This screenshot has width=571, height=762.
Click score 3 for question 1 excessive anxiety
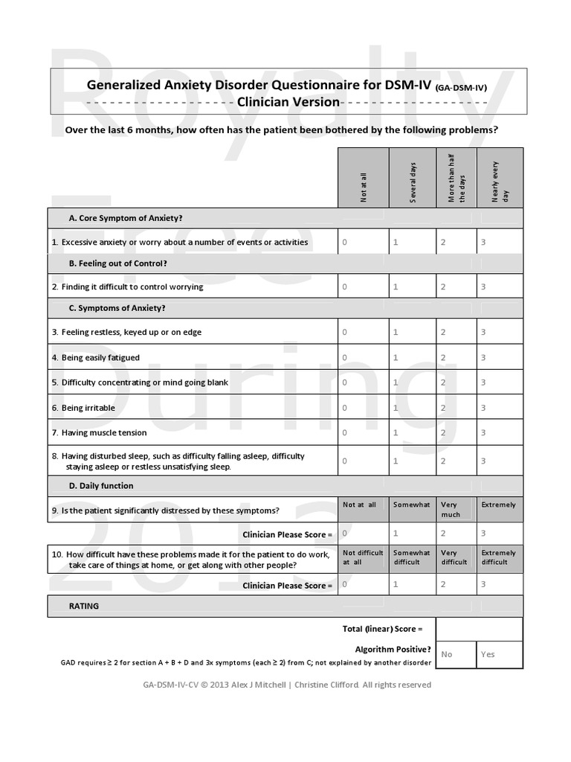click(x=483, y=242)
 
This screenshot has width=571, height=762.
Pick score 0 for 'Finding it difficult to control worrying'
click(x=344, y=286)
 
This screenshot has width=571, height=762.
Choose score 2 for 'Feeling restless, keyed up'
click(x=443, y=332)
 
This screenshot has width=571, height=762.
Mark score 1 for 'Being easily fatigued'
click(x=396, y=357)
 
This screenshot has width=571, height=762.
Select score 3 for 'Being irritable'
click(x=483, y=408)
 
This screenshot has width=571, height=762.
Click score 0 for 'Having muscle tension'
click(x=344, y=432)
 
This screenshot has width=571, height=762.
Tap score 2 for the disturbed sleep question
click(x=443, y=461)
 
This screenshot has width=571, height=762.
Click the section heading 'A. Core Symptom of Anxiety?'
click(x=126, y=218)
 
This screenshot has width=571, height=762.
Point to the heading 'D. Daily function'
click(x=101, y=486)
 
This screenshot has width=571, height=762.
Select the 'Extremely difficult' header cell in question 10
click(x=499, y=557)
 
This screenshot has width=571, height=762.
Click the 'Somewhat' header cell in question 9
click(x=412, y=505)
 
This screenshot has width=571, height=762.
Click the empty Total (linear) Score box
click(x=479, y=629)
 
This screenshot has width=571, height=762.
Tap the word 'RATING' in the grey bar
click(x=84, y=606)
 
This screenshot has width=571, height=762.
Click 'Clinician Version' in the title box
click(x=288, y=101)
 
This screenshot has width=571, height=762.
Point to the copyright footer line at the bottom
click(x=287, y=685)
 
